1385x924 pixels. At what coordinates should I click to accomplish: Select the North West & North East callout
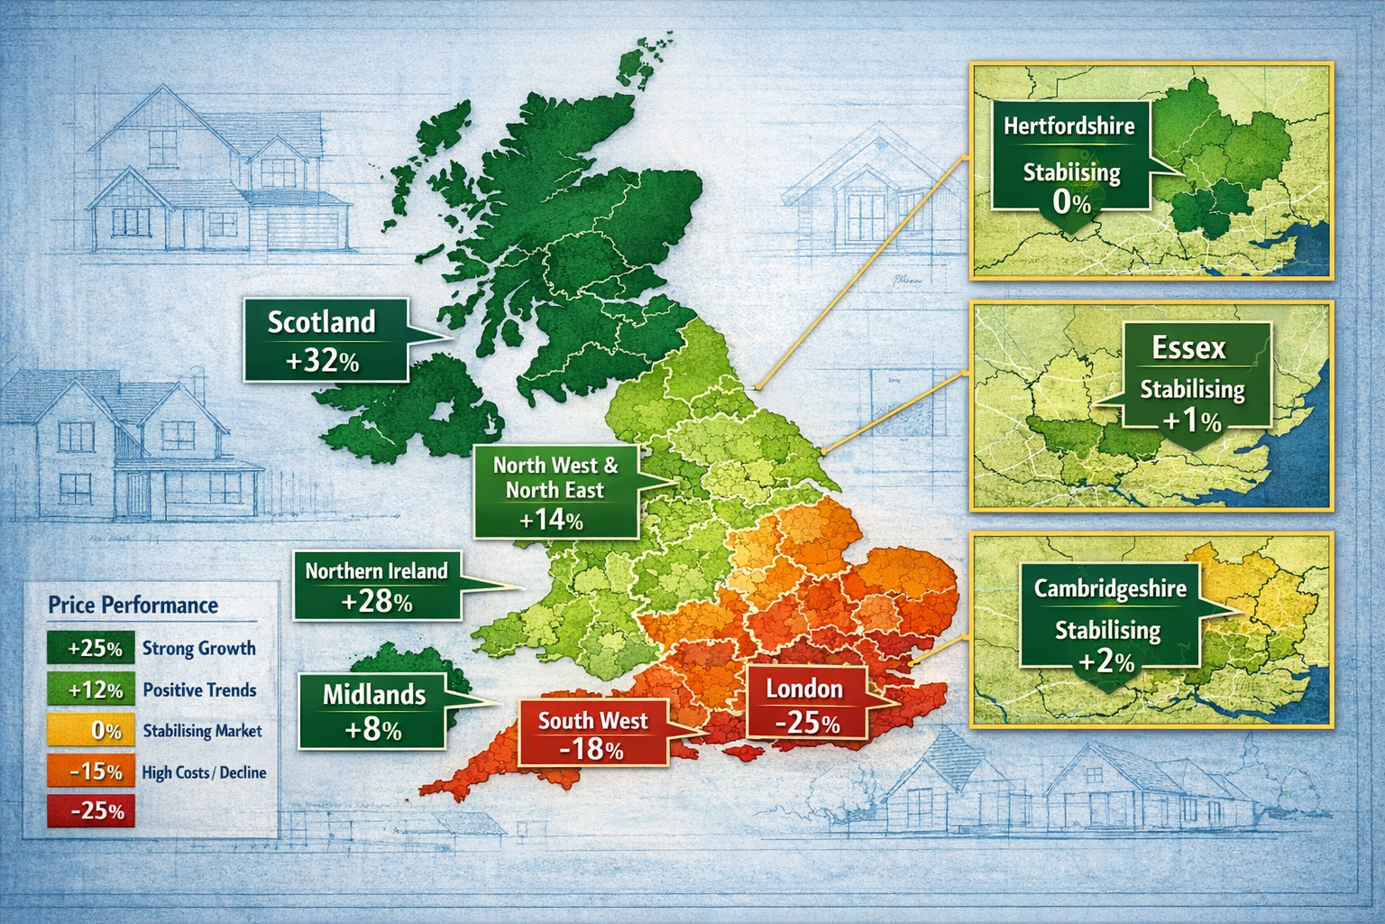point(555,492)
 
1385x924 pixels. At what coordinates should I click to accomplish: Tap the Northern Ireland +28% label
point(377,586)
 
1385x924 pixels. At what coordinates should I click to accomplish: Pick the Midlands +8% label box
point(373,711)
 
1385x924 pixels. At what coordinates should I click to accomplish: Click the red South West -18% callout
point(592,734)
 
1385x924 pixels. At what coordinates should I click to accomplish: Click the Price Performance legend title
point(133,605)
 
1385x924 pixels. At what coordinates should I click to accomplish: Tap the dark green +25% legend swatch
point(91,649)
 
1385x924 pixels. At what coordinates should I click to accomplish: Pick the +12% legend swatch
point(91,690)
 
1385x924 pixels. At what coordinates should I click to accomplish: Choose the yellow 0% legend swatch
point(91,731)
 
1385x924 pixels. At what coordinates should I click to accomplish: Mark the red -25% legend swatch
point(91,810)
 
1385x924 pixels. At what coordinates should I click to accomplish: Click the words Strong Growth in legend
point(198,649)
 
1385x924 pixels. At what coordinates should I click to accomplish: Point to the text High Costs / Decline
point(204,773)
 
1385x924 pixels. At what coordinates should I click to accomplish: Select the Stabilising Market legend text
point(202,731)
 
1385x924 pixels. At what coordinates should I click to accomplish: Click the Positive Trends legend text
point(199,690)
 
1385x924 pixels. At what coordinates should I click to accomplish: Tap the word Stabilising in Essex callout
point(1192,390)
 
